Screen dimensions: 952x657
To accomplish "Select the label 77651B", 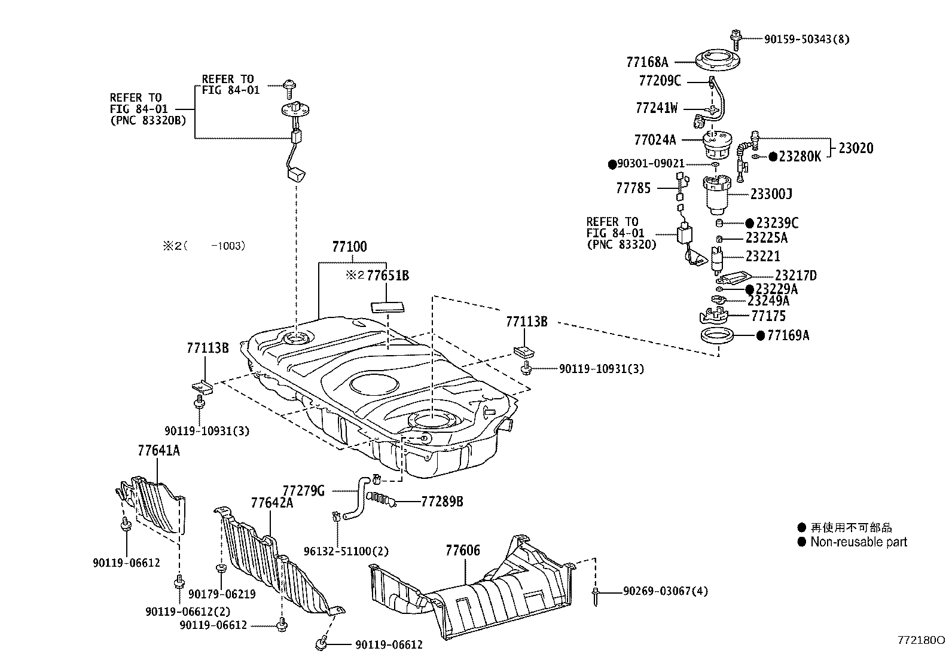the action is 387,276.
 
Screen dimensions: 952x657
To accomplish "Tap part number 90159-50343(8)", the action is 806,39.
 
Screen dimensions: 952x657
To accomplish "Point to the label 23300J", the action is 771,194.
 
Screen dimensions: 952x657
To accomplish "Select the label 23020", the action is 855,148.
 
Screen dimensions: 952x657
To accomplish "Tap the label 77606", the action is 462,550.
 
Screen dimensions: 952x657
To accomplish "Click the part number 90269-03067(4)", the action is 665,591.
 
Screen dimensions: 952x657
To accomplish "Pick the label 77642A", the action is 271,503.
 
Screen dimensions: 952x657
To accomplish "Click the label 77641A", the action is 158,451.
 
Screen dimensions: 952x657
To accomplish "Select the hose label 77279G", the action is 303,491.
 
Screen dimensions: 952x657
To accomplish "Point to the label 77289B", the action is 442,502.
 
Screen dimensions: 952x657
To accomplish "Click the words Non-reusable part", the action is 858,542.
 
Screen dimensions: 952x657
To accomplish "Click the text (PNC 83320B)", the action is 148,120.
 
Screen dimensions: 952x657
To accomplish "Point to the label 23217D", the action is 795,276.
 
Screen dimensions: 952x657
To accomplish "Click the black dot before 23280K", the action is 773,157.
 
